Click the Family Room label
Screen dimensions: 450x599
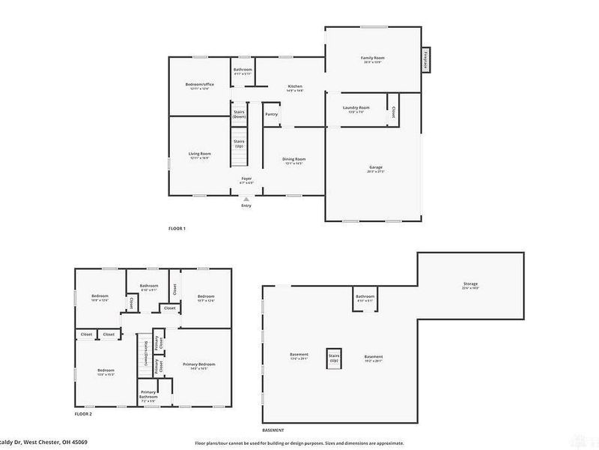click(x=372, y=58)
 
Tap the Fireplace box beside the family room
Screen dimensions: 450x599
click(x=425, y=59)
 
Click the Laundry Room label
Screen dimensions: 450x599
click(x=356, y=108)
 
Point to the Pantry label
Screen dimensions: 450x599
click(x=271, y=114)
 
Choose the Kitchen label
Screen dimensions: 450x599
click(x=296, y=87)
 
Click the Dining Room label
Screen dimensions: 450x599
click(x=294, y=159)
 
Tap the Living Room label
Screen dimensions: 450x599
click(x=200, y=154)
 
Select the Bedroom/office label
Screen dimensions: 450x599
click(x=200, y=84)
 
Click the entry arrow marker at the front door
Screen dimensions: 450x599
click(x=246, y=198)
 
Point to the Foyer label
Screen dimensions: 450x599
click(x=246, y=178)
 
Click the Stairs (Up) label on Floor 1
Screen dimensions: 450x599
click(x=240, y=143)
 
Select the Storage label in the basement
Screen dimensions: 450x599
click(x=470, y=283)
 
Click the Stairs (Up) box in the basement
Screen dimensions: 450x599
click(x=333, y=358)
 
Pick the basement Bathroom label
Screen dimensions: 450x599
click(x=365, y=297)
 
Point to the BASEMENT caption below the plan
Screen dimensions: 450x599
click(x=273, y=430)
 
